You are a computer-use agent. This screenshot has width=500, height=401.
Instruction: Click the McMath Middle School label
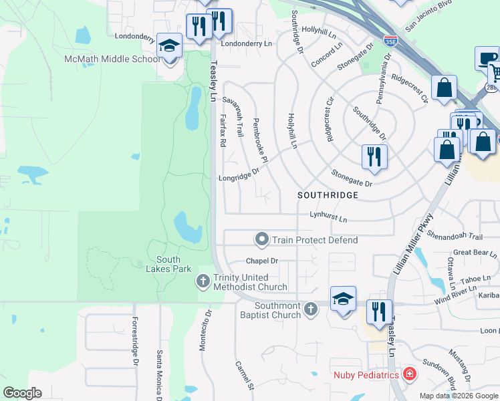(112, 59)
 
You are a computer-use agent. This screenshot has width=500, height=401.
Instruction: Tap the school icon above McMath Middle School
(170, 47)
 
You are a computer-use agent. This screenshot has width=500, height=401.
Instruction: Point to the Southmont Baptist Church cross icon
(310, 309)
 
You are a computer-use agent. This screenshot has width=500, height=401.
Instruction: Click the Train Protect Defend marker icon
(262, 239)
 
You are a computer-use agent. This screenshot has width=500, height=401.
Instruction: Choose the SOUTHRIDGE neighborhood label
(328, 195)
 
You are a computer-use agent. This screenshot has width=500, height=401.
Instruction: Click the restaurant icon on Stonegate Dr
(374, 156)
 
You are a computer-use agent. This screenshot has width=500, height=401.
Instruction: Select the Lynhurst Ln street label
(328, 219)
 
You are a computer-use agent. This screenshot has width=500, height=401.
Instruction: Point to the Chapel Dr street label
(261, 261)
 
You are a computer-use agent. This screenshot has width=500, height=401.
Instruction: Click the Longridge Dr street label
(239, 178)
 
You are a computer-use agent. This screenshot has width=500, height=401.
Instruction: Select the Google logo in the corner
(22, 393)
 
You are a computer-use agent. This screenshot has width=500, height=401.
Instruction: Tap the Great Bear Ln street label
(475, 253)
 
